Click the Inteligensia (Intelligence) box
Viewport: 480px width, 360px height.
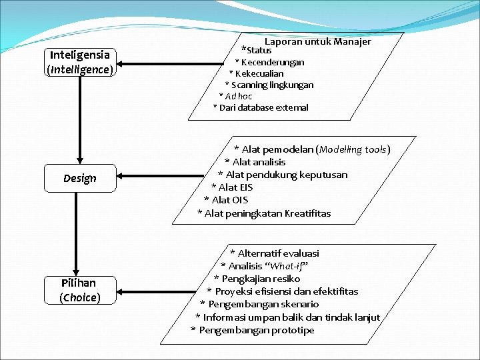point(80,61)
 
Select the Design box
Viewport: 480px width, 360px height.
point(80,178)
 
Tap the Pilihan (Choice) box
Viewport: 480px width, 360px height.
point(80,290)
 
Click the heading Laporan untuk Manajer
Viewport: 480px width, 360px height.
point(317,41)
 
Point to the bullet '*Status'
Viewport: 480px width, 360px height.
point(257,50)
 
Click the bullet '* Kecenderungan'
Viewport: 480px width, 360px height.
point(269,62)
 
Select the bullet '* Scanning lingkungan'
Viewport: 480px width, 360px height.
point(269,85)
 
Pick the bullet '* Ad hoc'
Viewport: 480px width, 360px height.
point(240,96)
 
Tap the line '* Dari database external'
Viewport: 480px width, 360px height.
point(261,107)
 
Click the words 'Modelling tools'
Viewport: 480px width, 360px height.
point(353,149)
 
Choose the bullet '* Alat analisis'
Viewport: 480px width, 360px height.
point(255,162)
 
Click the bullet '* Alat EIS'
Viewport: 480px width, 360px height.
point(232,187)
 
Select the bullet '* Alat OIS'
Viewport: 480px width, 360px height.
point(226,200)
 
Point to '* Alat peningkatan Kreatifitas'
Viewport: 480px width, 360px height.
point(264,213)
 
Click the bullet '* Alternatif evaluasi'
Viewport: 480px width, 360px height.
point(275,253)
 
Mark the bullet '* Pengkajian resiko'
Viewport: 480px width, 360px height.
point(257,279)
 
